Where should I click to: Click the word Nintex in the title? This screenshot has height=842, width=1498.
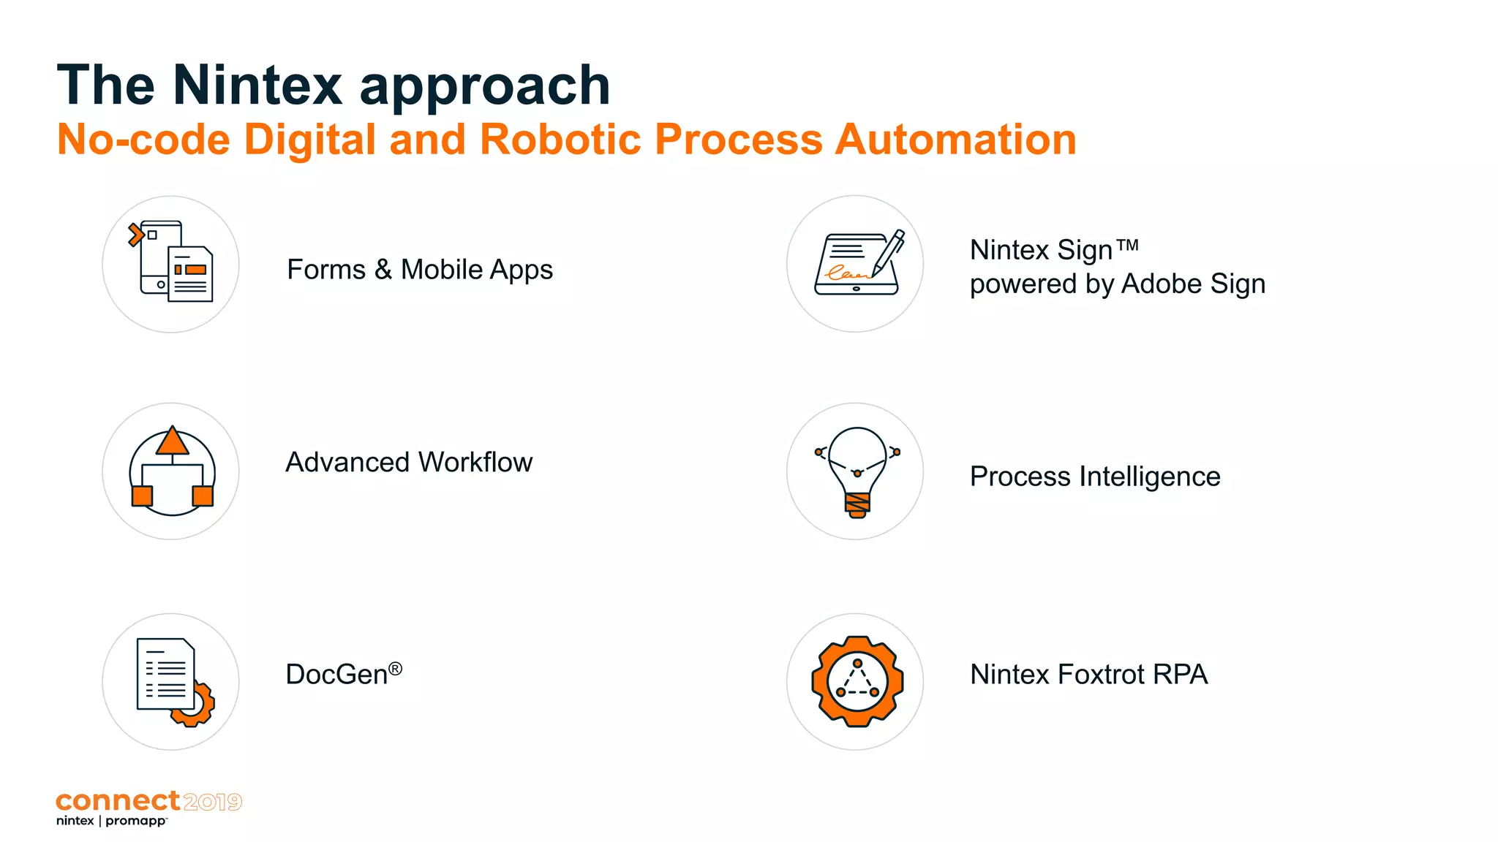coord(257,86)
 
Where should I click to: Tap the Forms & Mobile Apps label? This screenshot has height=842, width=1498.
coord(419,270)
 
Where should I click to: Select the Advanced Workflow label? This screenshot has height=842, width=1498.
coord(408,463)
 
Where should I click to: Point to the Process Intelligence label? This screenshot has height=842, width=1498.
coord(1094,477)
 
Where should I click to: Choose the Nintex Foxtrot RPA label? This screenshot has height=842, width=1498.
coord(1088,674)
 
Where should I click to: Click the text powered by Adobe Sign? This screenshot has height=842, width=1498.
coord(1117,284)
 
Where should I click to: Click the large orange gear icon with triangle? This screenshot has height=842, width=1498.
coord(857,681)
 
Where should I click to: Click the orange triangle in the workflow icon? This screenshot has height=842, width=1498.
coord(173,441)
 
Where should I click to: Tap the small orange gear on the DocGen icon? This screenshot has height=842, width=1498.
coord(196,706)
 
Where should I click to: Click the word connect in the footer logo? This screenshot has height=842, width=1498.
coord(118,801)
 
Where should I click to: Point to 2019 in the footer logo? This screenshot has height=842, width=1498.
coord(213,803)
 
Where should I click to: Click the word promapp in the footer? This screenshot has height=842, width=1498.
coord(136,821)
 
